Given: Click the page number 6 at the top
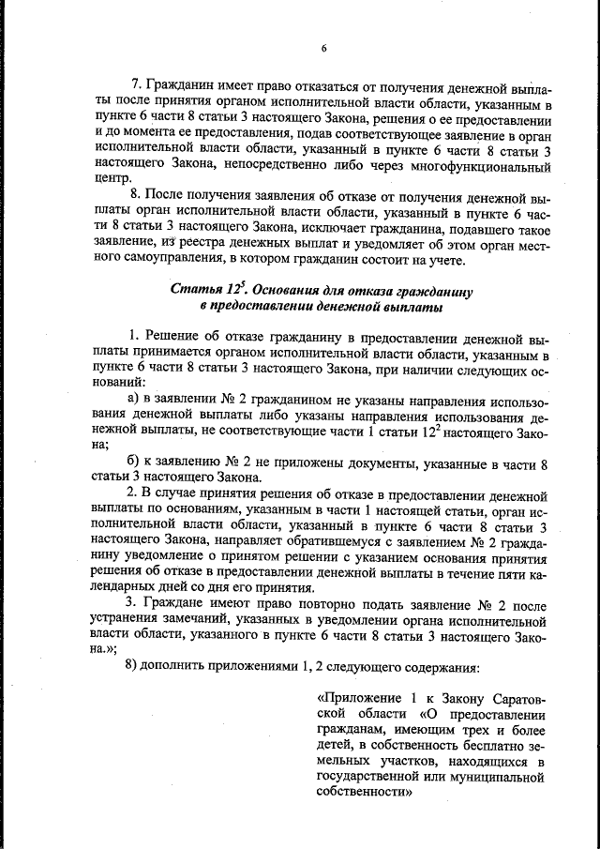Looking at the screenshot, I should (x=322, y=49).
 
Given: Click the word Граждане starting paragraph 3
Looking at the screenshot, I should (x=175, y=603).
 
